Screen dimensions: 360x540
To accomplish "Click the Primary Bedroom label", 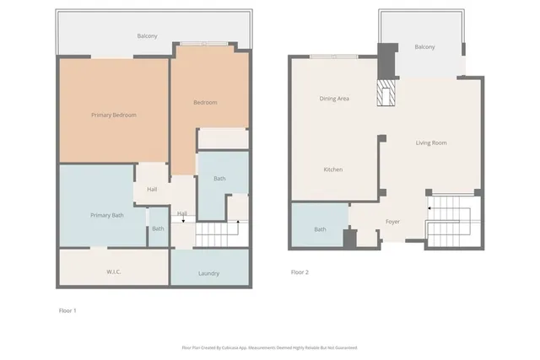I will pos(114,115).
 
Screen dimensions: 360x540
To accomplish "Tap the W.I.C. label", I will pos(116,271).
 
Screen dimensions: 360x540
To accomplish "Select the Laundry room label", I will pos(209,274).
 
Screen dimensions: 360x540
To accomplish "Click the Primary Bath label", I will pos(107,216).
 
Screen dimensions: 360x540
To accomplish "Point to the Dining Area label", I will pos(334,99).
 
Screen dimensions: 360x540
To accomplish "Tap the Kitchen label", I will pos(333,169).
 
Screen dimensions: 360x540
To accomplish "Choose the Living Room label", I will pos(431,142).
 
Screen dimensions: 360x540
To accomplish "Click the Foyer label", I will pos(393,222).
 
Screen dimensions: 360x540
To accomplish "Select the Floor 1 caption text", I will pos(67,311).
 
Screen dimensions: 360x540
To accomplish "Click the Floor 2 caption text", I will pos(300,272).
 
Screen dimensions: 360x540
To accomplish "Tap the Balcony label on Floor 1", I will pos(148,35).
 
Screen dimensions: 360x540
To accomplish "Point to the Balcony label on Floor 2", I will pos(424,46).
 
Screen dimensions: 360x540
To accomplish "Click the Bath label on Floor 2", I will pos(321,229).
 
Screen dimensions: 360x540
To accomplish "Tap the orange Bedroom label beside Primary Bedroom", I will pos(205,103).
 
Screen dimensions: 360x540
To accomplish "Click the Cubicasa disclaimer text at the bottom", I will pos(269,347).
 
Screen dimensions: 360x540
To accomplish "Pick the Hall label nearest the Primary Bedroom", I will pos(152,189).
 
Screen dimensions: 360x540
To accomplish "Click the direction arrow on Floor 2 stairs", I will pos(430,207).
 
